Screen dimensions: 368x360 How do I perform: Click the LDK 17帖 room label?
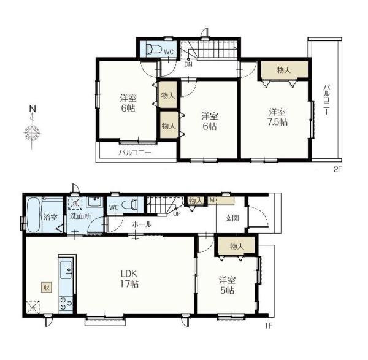[129, 279]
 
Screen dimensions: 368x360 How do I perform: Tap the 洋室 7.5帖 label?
[278, 117]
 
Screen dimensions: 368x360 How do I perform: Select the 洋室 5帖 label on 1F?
[227, 285]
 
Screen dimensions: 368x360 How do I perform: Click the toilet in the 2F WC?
[154, 49]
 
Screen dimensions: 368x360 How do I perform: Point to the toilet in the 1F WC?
[129, 204]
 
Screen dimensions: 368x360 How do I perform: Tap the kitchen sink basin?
[66, 269]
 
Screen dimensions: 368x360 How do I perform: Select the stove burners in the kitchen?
[66, 304]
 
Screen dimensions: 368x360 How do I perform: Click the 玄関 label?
[232, 218]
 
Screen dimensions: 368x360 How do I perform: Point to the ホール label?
[142, 224]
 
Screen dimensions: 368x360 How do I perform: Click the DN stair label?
[188, 64]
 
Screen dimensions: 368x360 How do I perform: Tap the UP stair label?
[177, 214]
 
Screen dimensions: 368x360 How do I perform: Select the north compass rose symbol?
[32, 133]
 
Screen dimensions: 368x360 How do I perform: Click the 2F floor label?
[337, 169]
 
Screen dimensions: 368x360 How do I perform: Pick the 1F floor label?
[269, 326]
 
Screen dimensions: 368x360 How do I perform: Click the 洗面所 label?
[80, 216]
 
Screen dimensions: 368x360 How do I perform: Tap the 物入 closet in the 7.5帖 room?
[284, 70]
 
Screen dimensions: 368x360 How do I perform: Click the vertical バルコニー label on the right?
[326, 100]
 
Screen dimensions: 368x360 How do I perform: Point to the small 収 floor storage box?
[47, 287]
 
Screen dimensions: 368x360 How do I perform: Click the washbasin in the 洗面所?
[94, 201]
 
